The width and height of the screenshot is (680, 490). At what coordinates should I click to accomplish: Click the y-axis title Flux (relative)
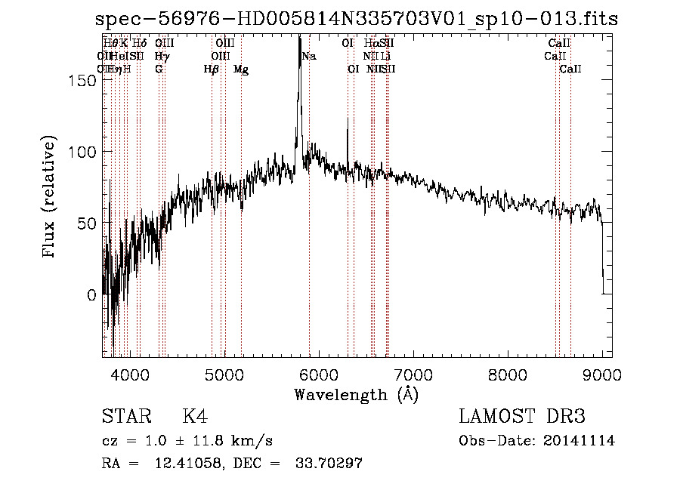click(51, 198)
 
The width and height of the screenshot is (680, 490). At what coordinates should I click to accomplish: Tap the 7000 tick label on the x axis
click(413, 374)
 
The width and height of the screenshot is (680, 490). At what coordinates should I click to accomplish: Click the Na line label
click(309, 56)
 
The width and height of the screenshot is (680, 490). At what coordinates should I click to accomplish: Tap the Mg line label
click(241, 69)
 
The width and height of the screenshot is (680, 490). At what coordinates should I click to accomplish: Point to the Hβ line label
click(212, 69)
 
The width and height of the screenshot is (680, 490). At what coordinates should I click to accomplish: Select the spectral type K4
click(195, 417)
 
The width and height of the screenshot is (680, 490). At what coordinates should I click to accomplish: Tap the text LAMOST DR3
click(522, 417)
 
